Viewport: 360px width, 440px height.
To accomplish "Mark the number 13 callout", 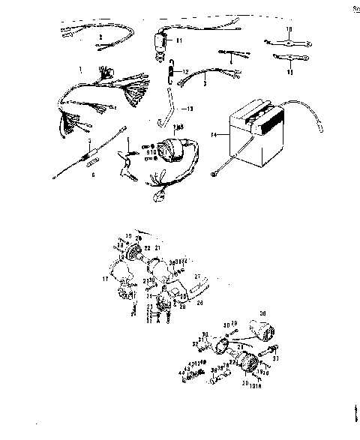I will click(x=188, y=109).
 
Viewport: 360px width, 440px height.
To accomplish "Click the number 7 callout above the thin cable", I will click(x=89, y=140).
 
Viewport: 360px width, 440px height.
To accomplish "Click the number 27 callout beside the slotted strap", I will click(x=197, y=276).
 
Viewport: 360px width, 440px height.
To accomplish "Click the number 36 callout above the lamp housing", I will click(x=283, y=314).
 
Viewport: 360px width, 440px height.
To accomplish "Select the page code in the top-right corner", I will click(x=354, y=8).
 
